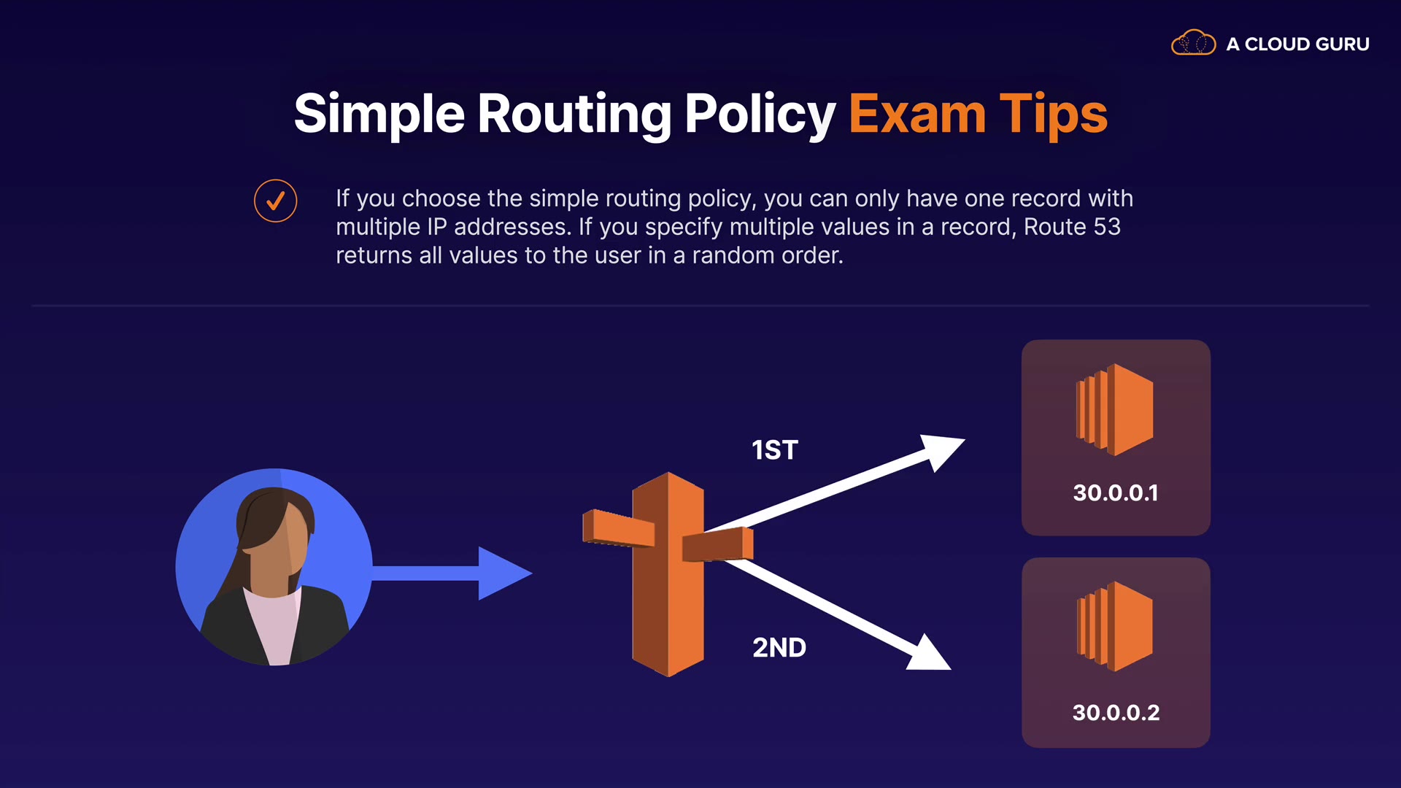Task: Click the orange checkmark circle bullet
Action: (275, 201)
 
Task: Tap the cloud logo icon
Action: (1193, 43)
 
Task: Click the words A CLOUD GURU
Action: (1297, 45)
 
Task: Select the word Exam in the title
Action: (917, 115)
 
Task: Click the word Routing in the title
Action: (574, 115)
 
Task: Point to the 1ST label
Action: (775, 450)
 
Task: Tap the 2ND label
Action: (779, 648)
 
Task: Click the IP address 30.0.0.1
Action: (1115, 493)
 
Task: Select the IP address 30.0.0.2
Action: (1116, 713)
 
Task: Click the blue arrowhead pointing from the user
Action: (503, 573)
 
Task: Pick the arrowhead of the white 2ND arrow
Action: (930, 654)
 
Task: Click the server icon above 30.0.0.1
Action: (1115, 409)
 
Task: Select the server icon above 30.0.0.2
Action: (1115, 626)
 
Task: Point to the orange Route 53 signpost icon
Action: (668, 573)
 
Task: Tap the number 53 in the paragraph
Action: (1106, 227)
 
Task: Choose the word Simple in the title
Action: (379, 115)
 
